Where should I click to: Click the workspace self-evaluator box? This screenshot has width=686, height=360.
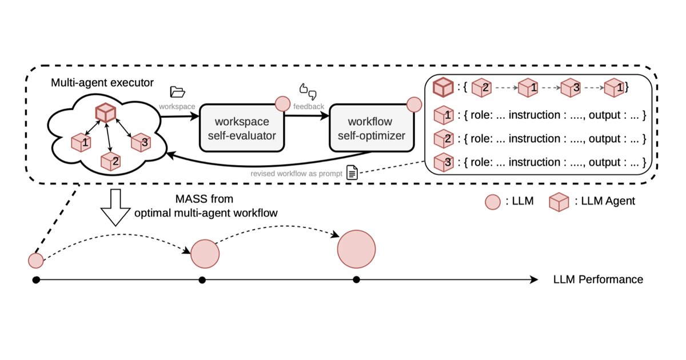coord(242,128)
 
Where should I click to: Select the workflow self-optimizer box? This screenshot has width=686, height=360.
coord(372,128)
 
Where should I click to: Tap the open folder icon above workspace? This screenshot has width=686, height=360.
coord(177,92)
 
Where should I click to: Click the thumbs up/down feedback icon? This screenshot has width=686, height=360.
coord(308,91)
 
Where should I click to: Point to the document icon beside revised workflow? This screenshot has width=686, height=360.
coord(352,173)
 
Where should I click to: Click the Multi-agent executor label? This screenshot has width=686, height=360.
coord(102,83)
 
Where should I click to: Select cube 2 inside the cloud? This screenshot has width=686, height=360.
coord(110,161)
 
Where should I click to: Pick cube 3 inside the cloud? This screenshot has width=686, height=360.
coord(141,142)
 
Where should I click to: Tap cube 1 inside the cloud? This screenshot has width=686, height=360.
coord(81,142)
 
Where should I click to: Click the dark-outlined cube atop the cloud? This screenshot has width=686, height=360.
coord(106,113)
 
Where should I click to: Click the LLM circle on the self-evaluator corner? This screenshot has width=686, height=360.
coord(282,104)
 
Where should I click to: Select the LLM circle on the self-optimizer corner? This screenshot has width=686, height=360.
coord(414,105)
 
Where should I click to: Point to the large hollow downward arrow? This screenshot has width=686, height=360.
coord(115,207)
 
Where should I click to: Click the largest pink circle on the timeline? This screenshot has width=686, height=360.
coord(357,249)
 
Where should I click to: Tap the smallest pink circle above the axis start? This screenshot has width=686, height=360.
coord(36,261)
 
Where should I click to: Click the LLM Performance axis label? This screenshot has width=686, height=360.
coord(598,279)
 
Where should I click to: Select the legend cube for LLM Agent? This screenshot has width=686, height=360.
coord(559,202)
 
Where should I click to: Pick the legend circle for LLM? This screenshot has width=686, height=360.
coord(493,202)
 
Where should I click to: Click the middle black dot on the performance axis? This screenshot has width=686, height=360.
coord(202,280)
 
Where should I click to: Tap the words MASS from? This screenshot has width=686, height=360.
coord(204,199)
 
